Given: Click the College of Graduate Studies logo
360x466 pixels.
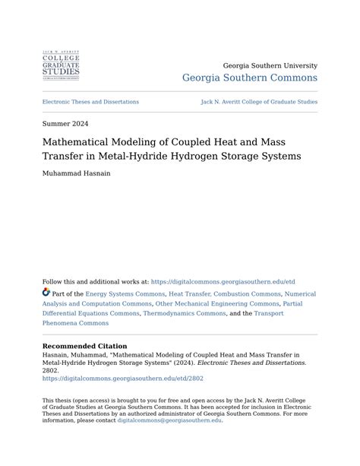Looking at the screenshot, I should click(x=61, y=65).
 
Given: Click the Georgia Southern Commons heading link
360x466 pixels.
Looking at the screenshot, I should click(x=250, y=78).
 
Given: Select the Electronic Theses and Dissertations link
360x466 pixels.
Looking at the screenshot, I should click(x=90, y=102).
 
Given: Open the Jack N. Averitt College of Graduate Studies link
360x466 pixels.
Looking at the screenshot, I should click(x=259, y=102).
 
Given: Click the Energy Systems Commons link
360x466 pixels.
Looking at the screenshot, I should click(x=125, y=293).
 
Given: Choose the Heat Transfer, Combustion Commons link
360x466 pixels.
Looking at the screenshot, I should click(x=225, y=293).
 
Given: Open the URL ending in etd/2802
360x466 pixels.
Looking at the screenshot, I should click(x=123, y=379).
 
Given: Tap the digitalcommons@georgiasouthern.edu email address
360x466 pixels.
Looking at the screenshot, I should click(x=169, y=420).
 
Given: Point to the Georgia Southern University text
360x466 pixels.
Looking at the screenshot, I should click(x=270, y=66).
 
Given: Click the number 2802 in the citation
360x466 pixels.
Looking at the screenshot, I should click(x=50, y=370).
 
